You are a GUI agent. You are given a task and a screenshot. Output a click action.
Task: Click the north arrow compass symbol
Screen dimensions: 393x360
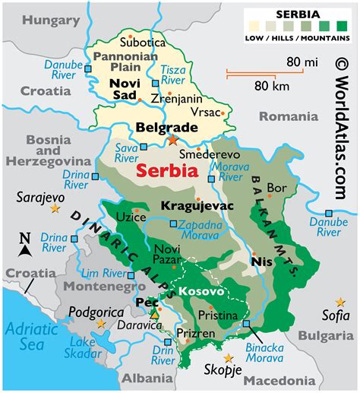25,246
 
